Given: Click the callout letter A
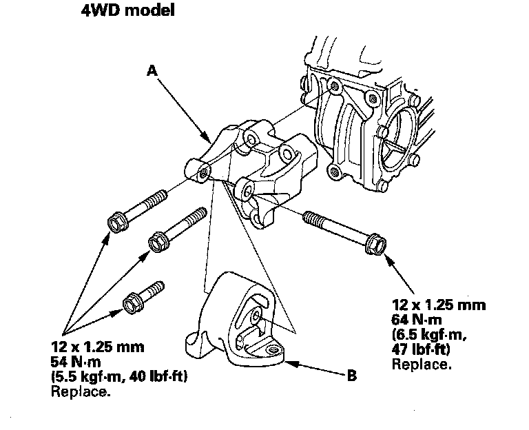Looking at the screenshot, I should pos(152,69).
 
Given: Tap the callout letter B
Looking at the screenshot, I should pos(351,376).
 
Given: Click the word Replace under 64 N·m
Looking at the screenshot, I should pos(422,363).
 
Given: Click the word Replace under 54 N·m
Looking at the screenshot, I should pos(81,393).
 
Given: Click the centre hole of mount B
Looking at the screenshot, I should pos(256,316).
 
